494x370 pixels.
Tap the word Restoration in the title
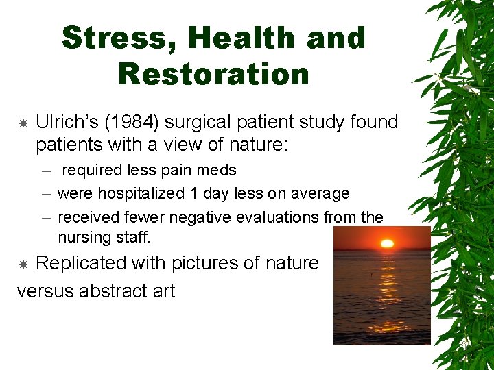(x=213, y=74)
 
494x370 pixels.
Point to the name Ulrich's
(x=66, y=123)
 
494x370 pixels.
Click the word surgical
(x=202, y=123)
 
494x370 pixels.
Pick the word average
(x=318, y=194)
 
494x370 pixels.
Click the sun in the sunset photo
(x=387, y=243)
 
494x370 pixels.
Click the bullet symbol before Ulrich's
(x=22, y=123)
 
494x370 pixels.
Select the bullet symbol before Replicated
(x=22, y=264)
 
